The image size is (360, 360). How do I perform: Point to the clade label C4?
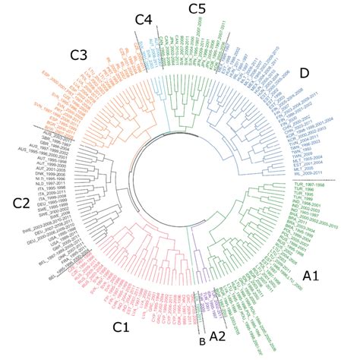(x=144, y=18)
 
